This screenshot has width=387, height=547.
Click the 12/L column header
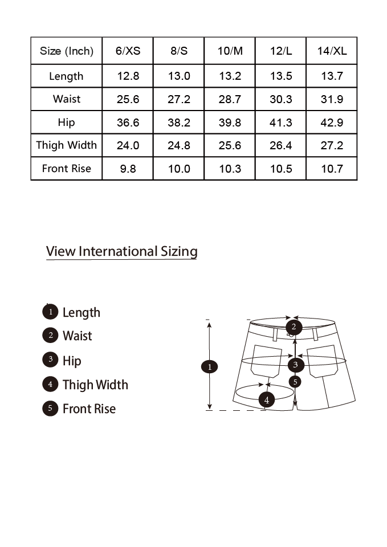281,51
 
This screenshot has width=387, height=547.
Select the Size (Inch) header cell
66,51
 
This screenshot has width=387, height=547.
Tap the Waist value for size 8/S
179,99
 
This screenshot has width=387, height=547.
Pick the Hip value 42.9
332,123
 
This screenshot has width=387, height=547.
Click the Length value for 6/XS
128,76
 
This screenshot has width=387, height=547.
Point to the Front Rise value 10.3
230,169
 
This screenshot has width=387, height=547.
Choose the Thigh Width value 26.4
281,145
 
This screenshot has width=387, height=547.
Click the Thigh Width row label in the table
66,145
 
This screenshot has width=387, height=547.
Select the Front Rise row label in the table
66,169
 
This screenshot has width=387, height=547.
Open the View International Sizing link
122,251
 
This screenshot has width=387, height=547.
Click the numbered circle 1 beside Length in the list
50,312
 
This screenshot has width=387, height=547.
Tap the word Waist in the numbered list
78,336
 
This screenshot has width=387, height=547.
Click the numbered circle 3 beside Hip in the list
50,360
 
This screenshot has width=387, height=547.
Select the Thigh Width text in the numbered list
95,385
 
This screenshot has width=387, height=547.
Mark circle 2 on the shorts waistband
294,327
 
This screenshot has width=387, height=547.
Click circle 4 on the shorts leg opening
267,400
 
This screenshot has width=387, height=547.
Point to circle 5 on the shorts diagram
295,382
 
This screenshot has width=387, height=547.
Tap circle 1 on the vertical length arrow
209,366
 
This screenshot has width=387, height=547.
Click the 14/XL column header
332,51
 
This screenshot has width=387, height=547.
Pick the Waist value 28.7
230,99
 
